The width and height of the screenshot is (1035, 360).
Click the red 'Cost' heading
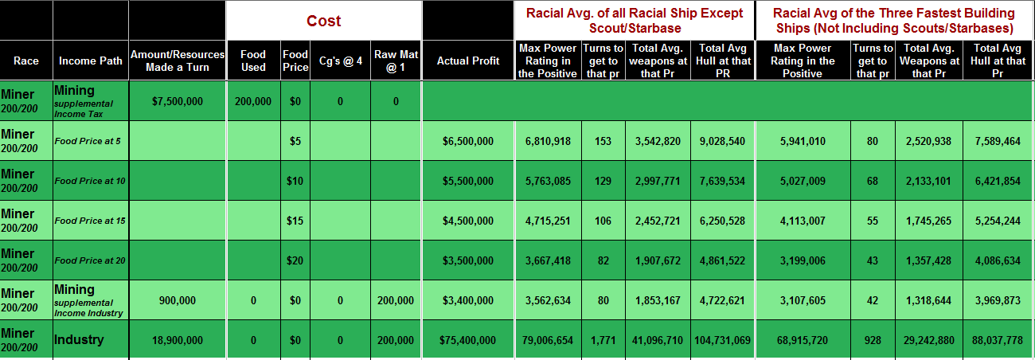point(324,21)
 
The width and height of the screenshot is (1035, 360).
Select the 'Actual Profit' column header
point(468,61)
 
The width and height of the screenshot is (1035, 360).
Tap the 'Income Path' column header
point(90,61)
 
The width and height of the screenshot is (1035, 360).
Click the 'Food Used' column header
point(253,61)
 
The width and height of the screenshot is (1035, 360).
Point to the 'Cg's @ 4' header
point(340,61)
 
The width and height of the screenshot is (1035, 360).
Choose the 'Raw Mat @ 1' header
point(396,61)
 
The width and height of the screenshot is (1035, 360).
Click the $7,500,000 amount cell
point(178,101)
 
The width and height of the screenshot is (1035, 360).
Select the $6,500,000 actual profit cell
point(468,141)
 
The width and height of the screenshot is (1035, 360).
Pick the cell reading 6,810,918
point(548,141)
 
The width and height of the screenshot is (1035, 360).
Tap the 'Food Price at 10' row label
point(90,181)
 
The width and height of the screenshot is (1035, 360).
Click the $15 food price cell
point(295,221)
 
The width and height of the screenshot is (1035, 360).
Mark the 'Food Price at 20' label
point(90,260)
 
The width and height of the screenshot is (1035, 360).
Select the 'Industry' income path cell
point(79,340)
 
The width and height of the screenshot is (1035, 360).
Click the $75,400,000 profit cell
point(468,340)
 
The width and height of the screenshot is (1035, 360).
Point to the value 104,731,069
point(721,340)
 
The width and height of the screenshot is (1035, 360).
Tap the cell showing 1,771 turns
point(603,340)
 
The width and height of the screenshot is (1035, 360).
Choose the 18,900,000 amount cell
point(178,340)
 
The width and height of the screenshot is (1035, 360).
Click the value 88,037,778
point(997,340)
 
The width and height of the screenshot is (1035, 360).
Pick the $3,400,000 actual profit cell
point(468,300)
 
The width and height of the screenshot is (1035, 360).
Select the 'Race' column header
point(26,61)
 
